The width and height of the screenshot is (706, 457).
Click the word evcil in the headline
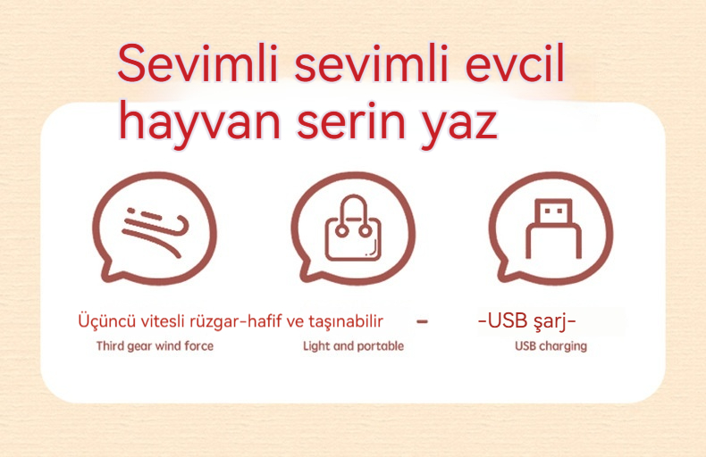click(514, 64)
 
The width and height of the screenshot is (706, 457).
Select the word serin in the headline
click(351, 120)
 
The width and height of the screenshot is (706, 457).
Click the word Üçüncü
click(106, 320)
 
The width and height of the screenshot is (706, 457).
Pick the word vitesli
click(162, 321)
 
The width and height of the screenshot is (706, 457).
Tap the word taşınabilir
click(345, 321)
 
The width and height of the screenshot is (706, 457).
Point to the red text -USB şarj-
click(526, 321)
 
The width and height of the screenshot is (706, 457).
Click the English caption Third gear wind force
click(155, 346)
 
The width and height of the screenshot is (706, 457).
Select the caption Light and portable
click(354, 346)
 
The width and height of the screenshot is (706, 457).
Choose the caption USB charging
click(551, 346)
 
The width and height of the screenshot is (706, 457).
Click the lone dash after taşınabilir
click(422, 321)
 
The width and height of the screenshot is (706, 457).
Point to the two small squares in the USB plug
click(553, 211)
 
